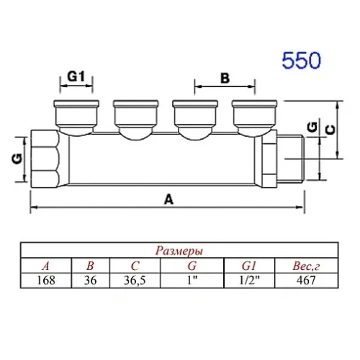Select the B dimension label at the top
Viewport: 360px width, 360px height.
[x=224, y=77]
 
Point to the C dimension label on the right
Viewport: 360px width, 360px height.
[x=329, y=129]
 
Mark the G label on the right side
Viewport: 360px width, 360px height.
[x=310, y=127]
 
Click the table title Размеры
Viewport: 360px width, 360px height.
[x=179, y=251]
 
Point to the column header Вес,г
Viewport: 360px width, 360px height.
[x=305, y=265]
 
